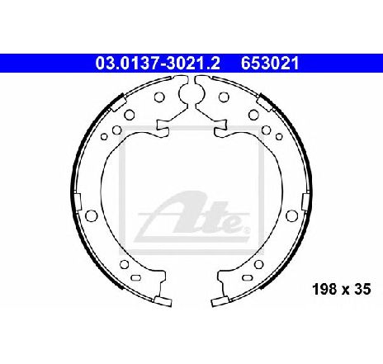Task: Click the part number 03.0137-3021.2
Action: pos(158,64)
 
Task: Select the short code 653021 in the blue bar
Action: pos(270,64)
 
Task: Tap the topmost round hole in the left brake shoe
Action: pos(159,97)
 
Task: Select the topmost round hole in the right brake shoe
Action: pos(224,97)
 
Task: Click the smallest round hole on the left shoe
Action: pos(104,136)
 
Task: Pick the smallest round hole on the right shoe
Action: pos(279,136)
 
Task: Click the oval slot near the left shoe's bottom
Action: pos(136,277)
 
